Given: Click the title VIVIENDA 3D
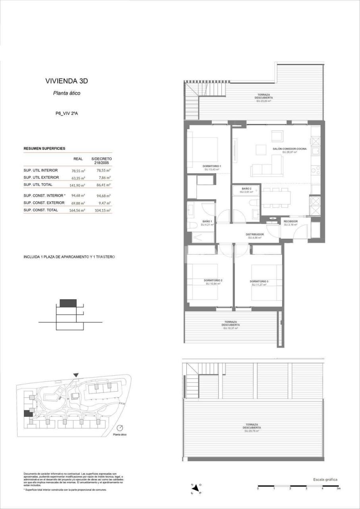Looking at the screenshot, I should click(66, 81).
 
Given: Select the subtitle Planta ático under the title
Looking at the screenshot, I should click(67, 93).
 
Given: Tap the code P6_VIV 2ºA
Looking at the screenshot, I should click(67, 113).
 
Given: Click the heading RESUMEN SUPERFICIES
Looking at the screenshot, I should click(45, 148).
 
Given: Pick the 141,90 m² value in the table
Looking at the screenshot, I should click(78, 185).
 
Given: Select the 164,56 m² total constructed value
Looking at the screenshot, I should click(78, 210).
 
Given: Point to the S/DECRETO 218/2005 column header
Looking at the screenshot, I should click(101, 161).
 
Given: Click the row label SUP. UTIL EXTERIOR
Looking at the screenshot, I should click(41, 177).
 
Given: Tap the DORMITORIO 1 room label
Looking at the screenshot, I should click(211, 166).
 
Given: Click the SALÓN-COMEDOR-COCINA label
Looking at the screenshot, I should click(289, 149).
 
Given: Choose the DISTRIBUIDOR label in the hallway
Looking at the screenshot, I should click(254, 235).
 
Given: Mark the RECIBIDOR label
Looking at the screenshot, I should click(290, 221).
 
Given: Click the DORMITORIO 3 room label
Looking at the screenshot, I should click(259, 281).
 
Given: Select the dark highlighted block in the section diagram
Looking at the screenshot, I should click(68, 303).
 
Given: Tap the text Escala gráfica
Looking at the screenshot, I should click(325, 479).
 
